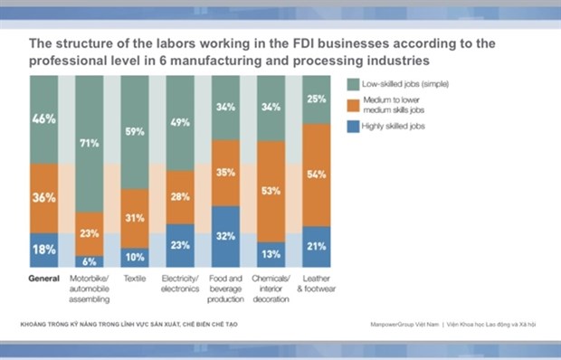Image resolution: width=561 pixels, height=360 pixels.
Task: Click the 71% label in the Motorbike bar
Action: [89, 143]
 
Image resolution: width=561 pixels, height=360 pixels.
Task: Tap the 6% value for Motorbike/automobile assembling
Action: [89, 261]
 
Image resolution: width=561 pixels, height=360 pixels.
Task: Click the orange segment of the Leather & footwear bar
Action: [317, 174]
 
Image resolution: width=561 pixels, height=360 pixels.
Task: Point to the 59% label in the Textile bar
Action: [134, 131]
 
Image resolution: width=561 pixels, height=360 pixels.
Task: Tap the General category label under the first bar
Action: [44, 279]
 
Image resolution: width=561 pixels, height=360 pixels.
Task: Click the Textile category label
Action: [134, 279]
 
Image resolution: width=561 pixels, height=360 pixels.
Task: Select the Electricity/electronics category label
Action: [180, 283]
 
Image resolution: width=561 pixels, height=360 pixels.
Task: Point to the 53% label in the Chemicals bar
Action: [271, 191]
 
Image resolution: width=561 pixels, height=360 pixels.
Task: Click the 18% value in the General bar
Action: [44, 249]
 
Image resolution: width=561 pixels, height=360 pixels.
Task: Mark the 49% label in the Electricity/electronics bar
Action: [180, 123]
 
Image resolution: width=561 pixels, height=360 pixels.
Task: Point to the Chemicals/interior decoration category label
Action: [271, 288]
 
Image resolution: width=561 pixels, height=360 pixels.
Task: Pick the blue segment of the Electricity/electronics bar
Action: [180, 244]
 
